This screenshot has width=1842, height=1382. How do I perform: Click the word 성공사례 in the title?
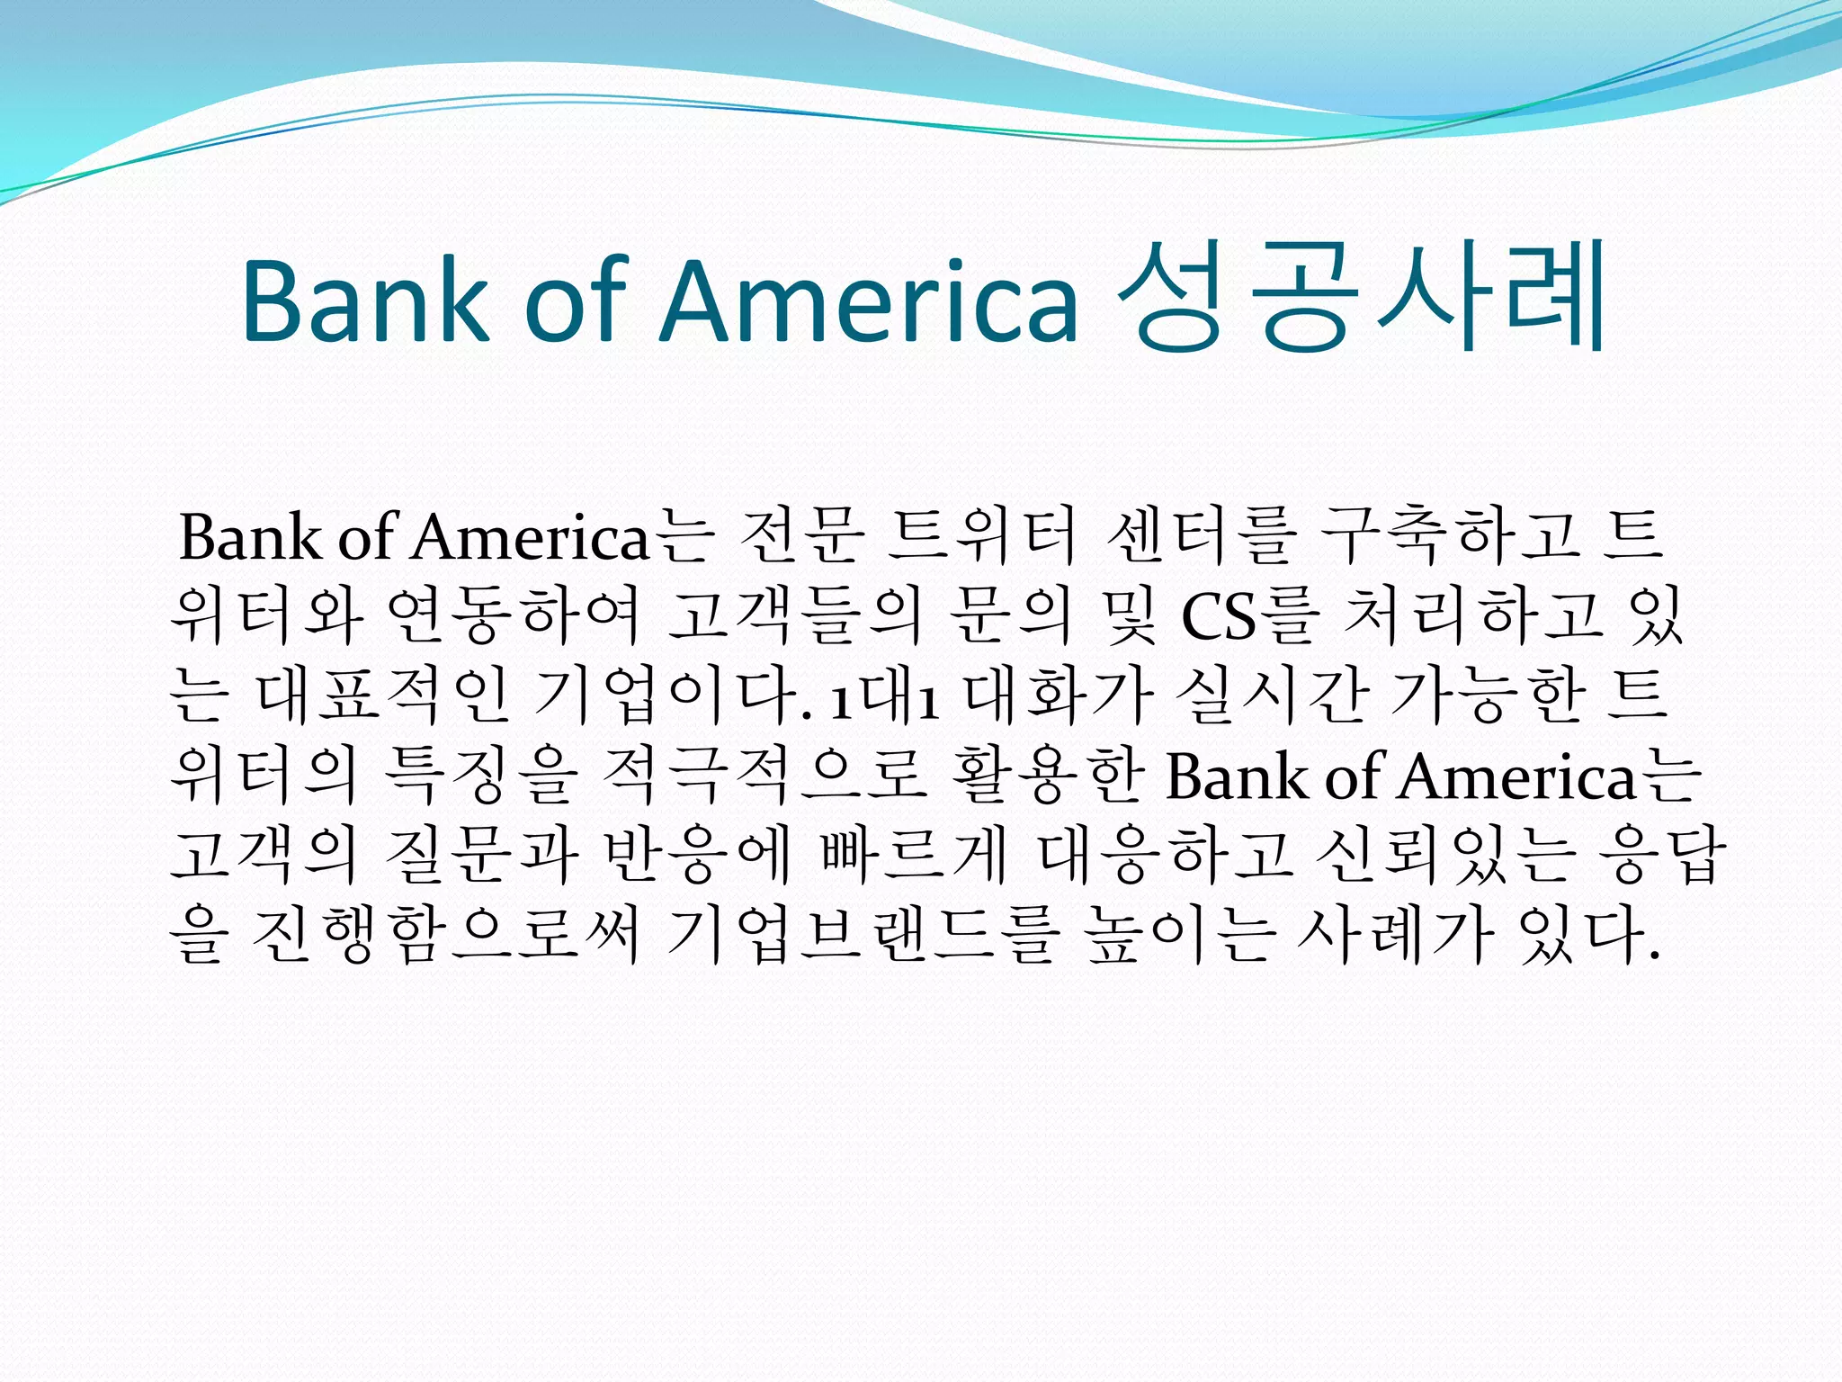[1358, 296]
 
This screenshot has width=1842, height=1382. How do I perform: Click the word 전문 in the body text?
[800, 537]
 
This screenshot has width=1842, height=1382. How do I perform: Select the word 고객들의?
[796, 616]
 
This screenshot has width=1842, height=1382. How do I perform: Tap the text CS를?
[1250, 616]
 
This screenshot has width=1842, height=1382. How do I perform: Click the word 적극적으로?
[765, 775]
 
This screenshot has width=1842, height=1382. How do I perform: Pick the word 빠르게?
[914, 854]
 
